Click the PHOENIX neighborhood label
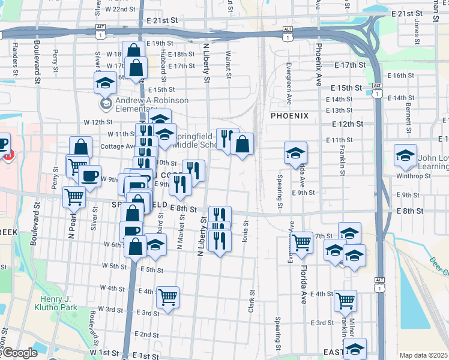point(289,116)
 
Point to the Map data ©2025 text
point(423,355)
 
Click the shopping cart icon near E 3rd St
point(167,297)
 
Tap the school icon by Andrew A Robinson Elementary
point(106,82)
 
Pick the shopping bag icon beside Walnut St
point(242,144)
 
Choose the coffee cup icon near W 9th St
point(90,175)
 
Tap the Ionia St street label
point(245,230)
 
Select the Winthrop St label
point(414,176)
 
